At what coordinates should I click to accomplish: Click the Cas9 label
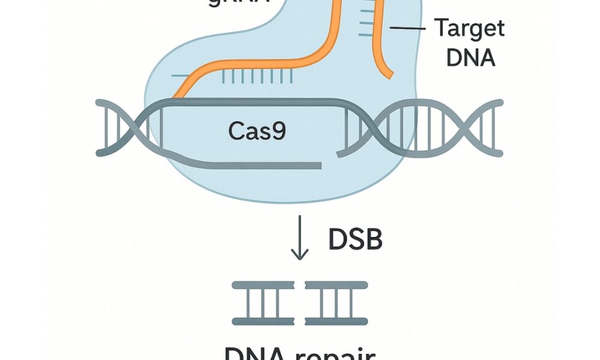coord(258,131)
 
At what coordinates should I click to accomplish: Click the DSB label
coord(355,239)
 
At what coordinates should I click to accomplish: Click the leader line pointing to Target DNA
coord(407,28)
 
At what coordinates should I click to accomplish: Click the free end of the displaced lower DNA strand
coord(322,165)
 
